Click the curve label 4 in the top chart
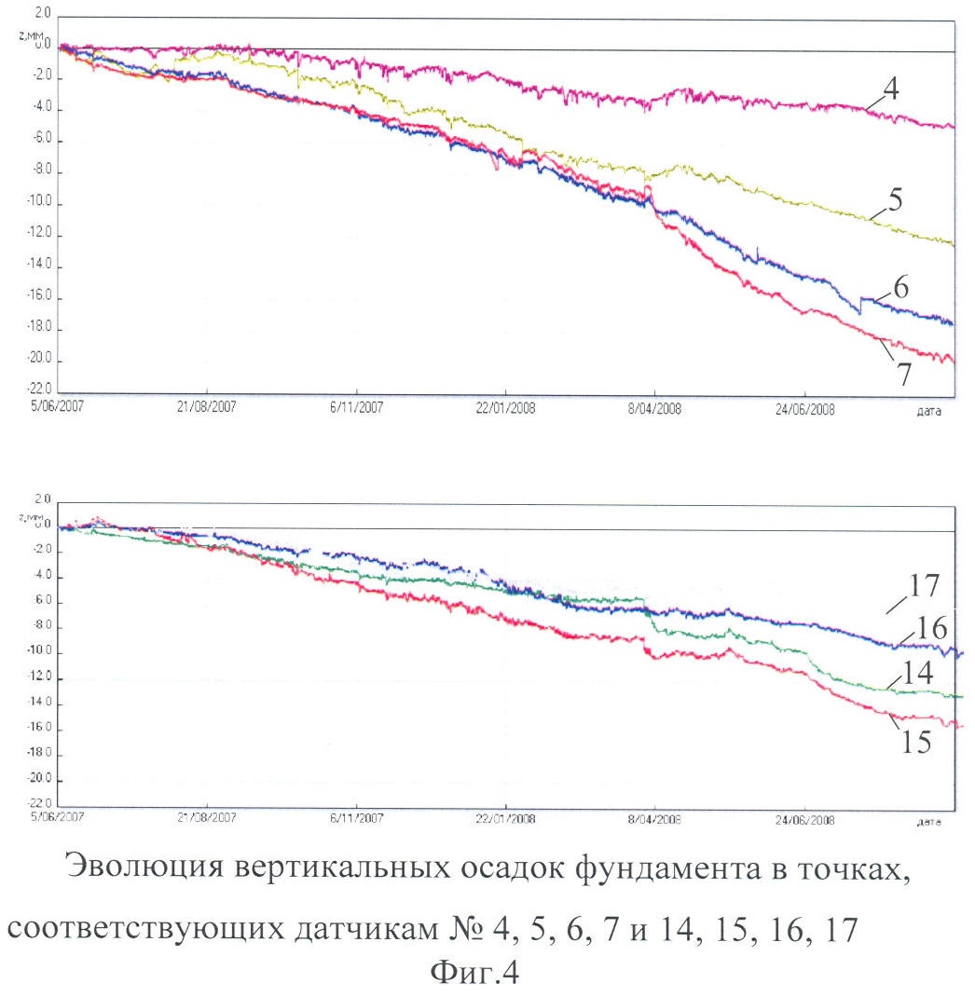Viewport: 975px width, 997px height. [891, 92]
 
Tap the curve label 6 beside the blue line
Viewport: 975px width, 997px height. [900, 287]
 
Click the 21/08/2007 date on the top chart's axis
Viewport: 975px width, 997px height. [207, 407]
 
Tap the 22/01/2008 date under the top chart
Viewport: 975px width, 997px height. [505, 407]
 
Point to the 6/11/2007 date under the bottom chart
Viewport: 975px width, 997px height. [357, 821]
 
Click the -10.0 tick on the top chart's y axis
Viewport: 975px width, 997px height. [36, 204]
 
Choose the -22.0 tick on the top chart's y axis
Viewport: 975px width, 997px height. [36, 392]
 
